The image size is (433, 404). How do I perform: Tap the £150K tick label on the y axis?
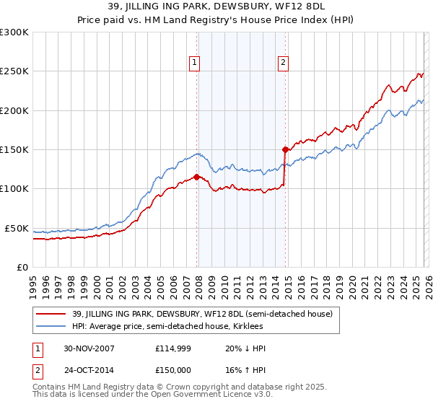pos(14,150)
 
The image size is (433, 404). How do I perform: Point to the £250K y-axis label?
pos(14,71)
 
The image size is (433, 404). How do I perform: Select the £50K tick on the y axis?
pos(17,228)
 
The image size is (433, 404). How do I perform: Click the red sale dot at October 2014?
pos(286,149)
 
